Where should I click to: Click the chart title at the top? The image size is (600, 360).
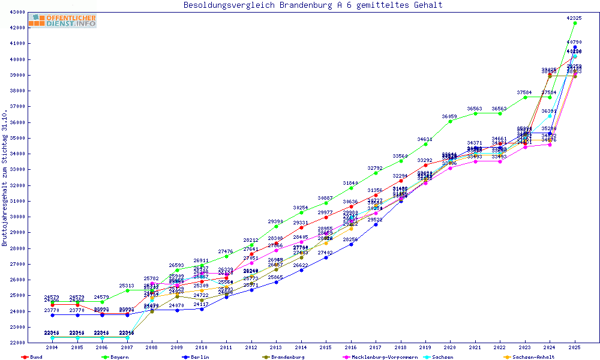(313, 5)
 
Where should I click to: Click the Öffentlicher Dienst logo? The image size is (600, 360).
(62, 21)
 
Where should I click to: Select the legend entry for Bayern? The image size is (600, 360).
(116, 357)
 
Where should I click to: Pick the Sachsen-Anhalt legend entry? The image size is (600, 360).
(530, 357)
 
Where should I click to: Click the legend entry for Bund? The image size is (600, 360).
(33, 357)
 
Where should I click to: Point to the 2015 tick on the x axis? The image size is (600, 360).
(326, 348)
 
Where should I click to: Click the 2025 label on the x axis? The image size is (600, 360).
(575, 348)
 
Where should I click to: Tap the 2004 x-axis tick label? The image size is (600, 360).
(53, 348)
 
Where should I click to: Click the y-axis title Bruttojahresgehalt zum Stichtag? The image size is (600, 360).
(5, 178)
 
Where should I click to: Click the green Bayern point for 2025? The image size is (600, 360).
(575, 23)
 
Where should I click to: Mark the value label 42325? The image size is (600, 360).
(574, 18)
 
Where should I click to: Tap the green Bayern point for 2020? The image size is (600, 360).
(451, 121)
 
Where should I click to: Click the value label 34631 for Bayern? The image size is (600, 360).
(425, 139)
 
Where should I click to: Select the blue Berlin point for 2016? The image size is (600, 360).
(351, 244)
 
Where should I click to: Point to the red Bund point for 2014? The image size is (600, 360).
(301, 227)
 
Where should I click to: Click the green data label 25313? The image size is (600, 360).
(127, 286)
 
